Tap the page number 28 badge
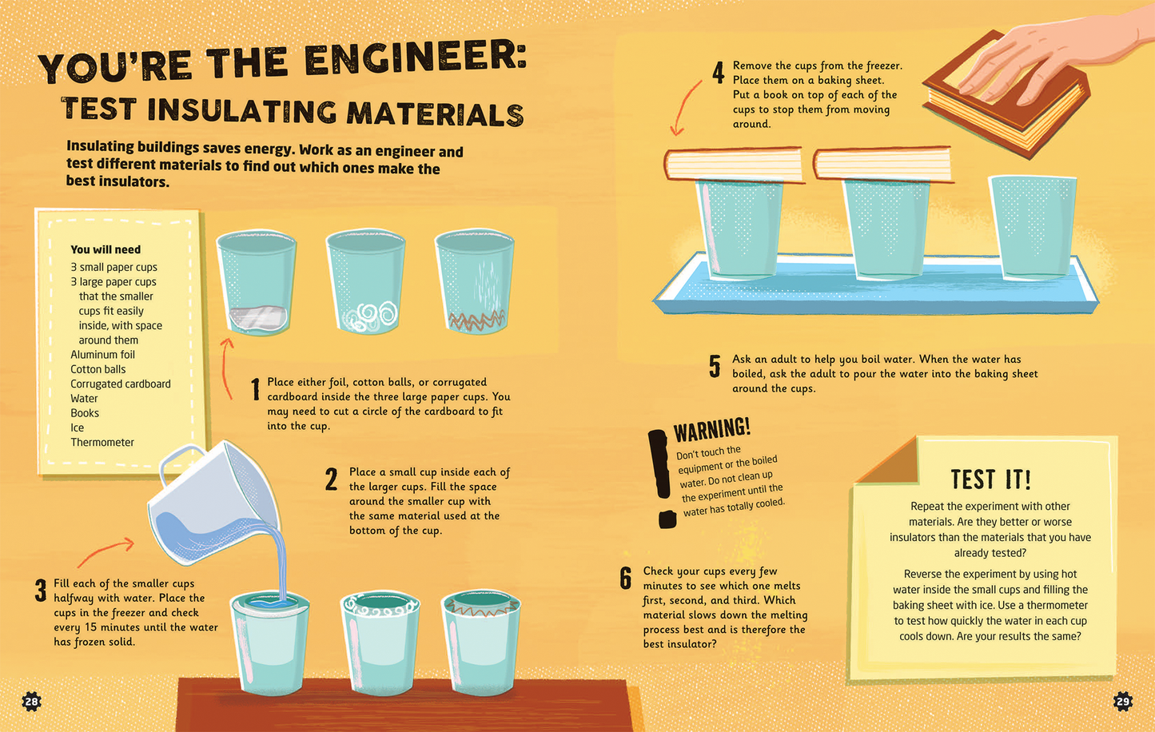tap(31, 702)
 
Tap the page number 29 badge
tap(1123, 702)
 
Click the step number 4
tap(718, 74)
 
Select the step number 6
tap(626, 578)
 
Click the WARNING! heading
tap(711, 430)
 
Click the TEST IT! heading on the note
tap(990, 479)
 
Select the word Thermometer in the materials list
tap(102, 442)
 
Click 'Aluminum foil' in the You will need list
tap(102, 355)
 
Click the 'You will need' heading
tap(106, 249)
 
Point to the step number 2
tap(332, 479)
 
